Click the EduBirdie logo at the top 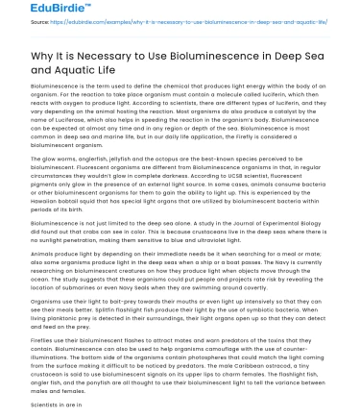click(34, 11)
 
